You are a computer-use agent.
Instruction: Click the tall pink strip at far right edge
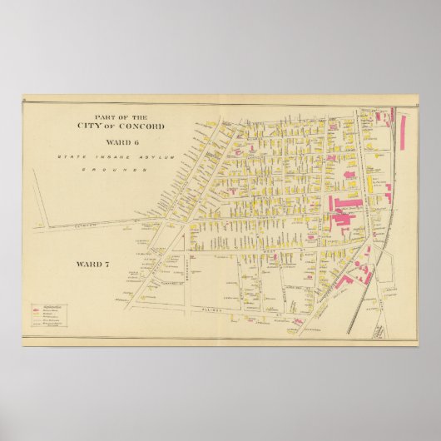click(x=404, y=129)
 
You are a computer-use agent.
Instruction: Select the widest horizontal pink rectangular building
click(x=349, y=202)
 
